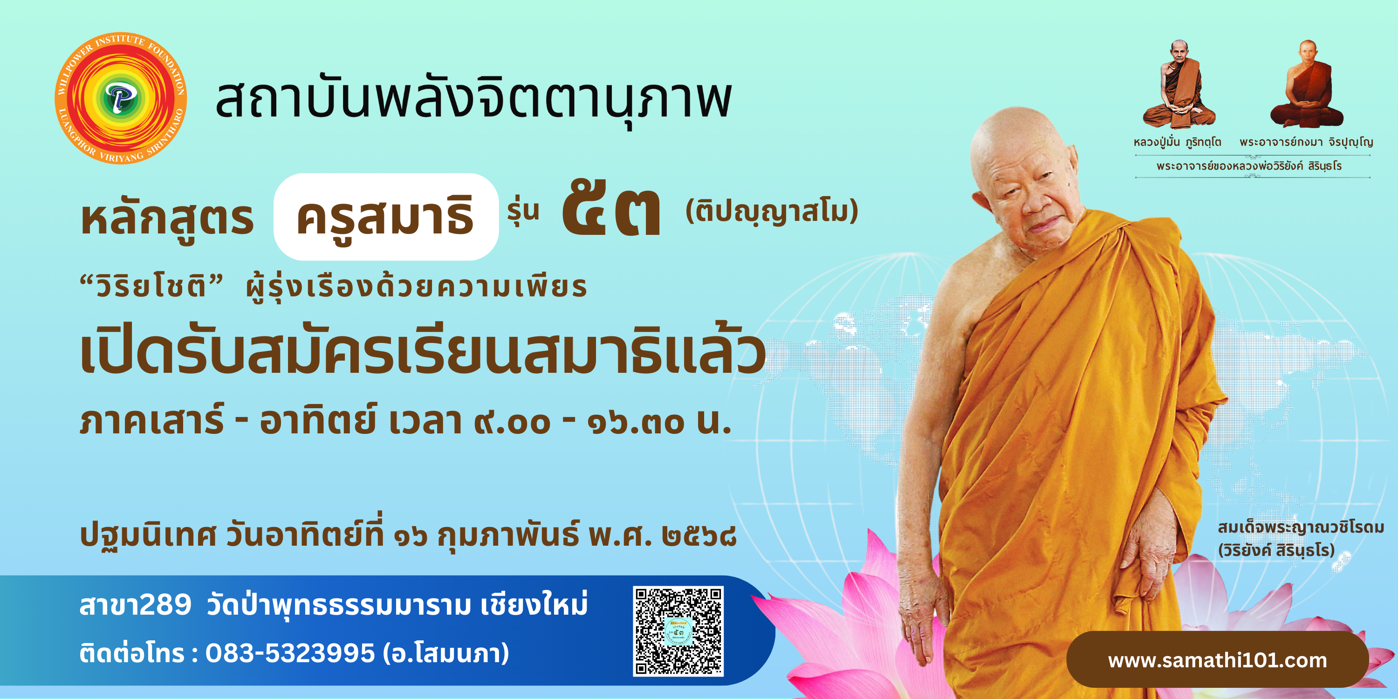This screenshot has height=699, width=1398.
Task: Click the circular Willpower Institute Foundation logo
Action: pos(121,98)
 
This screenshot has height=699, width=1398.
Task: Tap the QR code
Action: pos(678,631)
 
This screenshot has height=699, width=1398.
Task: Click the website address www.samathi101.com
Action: pos(1217,660)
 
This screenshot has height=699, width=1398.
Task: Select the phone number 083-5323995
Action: pos(290,653)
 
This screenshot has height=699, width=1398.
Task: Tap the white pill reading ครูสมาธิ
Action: pos(386,217)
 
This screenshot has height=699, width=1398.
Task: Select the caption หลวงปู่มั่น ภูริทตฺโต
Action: pos(1177,143)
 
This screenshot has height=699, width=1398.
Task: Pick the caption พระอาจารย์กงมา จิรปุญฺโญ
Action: pos(1306,143)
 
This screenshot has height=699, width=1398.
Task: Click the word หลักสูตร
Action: pos(167,218)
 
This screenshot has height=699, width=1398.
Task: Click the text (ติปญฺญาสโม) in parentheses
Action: pos(772,212)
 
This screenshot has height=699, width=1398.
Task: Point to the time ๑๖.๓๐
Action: pos(636,423)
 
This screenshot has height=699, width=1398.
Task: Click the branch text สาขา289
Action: pos(136,604)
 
